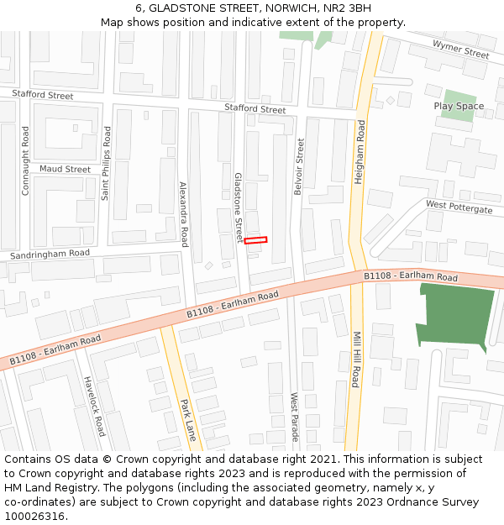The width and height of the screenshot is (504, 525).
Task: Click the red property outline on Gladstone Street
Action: point(255,241)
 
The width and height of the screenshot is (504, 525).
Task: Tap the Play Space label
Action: point(459,107)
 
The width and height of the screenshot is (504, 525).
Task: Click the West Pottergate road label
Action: point(459,207)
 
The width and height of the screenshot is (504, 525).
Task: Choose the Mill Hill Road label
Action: point(356,359)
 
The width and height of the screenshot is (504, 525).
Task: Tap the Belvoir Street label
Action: point(298,166)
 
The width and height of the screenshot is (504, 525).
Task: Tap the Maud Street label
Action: point(65,170)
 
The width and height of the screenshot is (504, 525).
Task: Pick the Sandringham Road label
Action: point(50,254)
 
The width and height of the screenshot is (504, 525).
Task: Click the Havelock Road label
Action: point(95,405)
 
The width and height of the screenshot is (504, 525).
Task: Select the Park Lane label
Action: point(187,420)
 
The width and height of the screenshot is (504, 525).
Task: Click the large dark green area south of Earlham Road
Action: point(454,315)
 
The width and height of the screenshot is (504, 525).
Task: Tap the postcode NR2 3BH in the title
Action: point(347,8)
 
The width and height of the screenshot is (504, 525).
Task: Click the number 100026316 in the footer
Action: point(34,517)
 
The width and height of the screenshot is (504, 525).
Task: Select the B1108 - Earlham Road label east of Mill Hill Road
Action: point(410,276)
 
